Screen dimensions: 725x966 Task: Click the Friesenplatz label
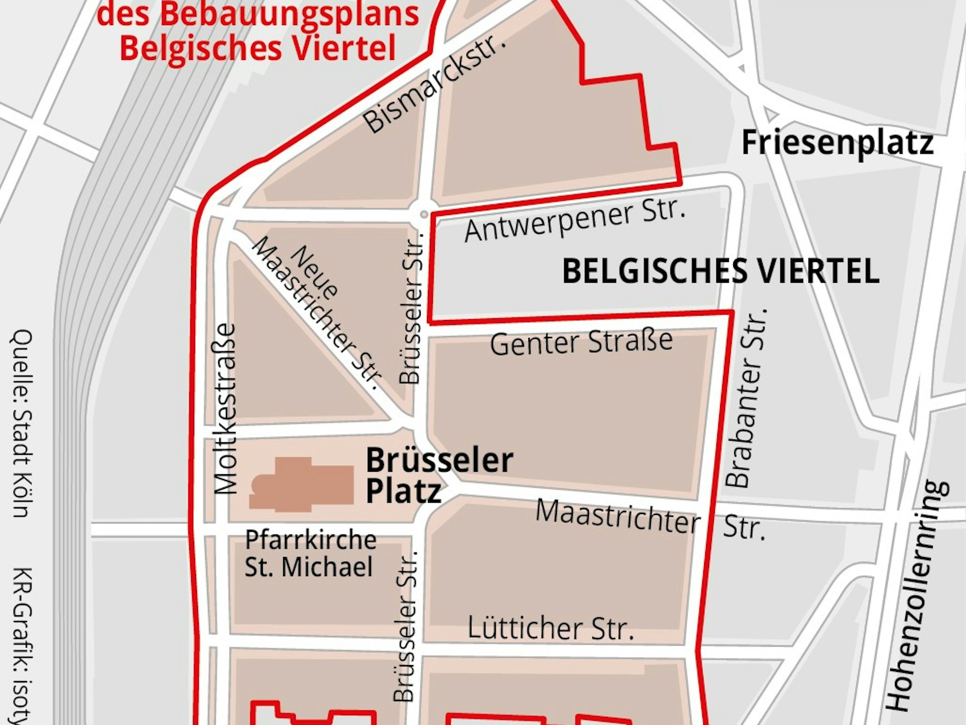coord(837,143)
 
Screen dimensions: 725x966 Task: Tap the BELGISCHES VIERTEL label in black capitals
coord(721,271)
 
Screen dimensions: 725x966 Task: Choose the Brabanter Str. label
coord(746,397)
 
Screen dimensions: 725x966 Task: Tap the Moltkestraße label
coord(225,409)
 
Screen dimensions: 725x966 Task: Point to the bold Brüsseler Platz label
coord(439,475)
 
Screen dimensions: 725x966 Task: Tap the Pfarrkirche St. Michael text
coord(310,553)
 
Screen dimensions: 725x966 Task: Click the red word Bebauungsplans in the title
coord(289,14)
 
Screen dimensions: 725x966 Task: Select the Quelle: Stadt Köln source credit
coord(22,423)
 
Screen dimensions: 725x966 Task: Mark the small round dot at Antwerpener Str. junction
coord(424,214)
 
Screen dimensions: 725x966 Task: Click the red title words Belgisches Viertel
coord(257,47)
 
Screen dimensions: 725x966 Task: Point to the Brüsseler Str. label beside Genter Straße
coord(412,309)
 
